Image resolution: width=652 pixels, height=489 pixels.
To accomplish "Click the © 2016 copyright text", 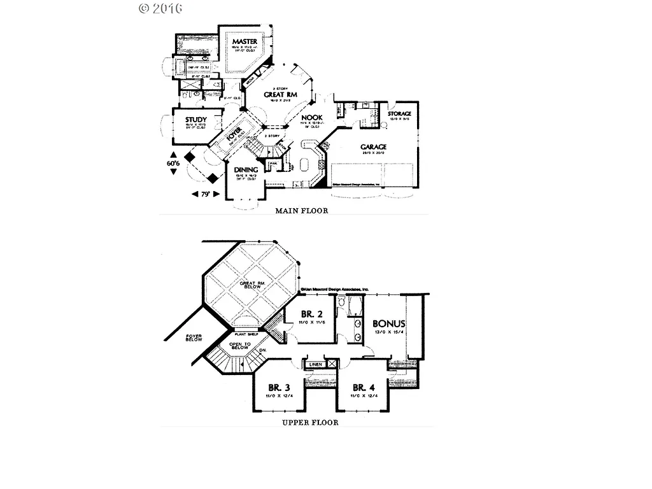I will coord(160,8).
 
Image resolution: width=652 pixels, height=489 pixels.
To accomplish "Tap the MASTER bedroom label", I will coord(244,41).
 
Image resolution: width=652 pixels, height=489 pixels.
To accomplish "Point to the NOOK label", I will coord(312,118).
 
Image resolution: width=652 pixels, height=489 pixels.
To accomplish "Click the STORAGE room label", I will coord(399,114).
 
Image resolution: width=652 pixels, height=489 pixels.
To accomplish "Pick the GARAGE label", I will coord(373,147).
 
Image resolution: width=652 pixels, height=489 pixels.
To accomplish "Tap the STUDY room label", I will coord(196,120).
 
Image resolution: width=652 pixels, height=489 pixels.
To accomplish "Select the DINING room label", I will coord(246,170).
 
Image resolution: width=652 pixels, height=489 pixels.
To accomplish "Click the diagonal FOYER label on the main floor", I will coord(234,137).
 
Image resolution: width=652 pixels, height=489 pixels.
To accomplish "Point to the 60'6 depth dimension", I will coord(174,163).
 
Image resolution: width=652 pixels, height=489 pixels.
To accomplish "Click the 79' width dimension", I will coord(206,194).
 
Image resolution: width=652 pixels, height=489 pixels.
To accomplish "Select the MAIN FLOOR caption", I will coord(301,211).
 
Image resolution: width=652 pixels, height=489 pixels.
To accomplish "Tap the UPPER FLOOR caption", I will coord(309,422).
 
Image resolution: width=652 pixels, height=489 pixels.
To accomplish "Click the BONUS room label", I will coord(388,323).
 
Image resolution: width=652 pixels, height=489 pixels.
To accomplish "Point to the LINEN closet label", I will coord(315,365).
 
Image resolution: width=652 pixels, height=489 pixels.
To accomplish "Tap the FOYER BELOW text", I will coord(194,337).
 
